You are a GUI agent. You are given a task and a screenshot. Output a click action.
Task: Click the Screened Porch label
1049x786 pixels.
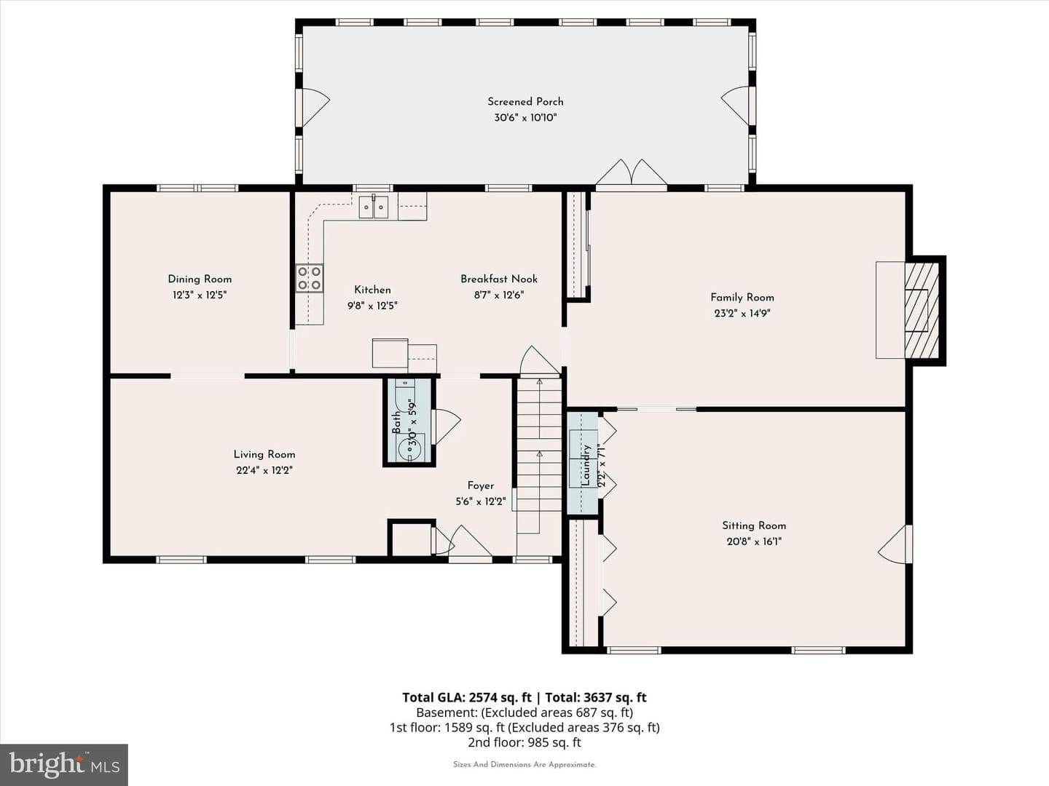click(x=525, y=102)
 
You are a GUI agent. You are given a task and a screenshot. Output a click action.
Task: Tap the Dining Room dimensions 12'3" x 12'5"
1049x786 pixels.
click(x=200, y=295)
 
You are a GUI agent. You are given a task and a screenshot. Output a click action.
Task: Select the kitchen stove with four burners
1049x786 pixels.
click(x=309, y=278)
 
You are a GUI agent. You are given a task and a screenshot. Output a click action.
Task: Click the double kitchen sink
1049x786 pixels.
click(x=374, y=207)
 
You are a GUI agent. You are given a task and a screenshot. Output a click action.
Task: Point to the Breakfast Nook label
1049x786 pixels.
click(x=499, y=279)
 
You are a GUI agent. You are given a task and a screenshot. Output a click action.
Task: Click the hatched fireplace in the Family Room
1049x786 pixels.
click(x=922, y=311)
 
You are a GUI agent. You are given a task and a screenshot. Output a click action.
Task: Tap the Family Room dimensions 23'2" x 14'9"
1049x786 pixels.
click(x=742, y=314)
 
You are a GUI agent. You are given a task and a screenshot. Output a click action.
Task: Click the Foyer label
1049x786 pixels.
click(x=480, y=486)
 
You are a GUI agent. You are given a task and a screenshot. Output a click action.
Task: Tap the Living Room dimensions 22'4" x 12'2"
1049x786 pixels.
click(x=264, y=471)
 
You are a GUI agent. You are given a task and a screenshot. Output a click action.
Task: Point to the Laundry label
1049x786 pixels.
click(x=586, y=465)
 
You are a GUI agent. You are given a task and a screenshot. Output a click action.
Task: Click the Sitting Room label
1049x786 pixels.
click(x=754, y=526)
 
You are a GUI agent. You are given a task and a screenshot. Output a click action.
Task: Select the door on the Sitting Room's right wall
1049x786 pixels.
click(x=895, y=544)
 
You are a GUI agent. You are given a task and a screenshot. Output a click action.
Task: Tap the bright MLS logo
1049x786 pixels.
click(x=64, y=764)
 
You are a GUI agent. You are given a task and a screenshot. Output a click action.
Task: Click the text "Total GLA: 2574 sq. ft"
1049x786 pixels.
click(x=466, y=698)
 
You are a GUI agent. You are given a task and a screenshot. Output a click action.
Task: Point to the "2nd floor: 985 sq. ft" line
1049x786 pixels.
click(x=524, y=742)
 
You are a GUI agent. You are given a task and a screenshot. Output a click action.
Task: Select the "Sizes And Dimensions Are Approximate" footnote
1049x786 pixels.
click(x=524, y=764)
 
